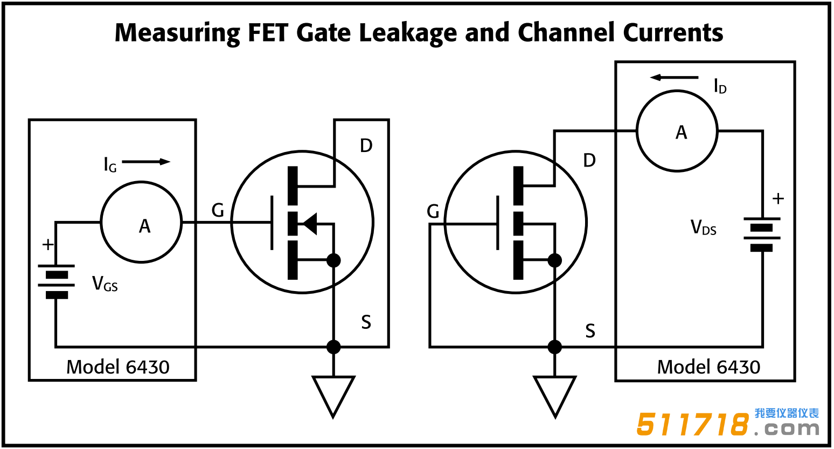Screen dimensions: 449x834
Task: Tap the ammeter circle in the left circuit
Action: point(142,222)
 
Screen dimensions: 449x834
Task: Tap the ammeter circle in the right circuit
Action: point(677,131)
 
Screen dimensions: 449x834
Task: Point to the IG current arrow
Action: point(146,162)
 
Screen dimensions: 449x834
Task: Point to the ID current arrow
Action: point(673,78)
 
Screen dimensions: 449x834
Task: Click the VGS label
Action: point(105,284)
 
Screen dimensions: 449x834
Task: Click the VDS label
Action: point(703,228)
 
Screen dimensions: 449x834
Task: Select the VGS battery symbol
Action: point(56,281)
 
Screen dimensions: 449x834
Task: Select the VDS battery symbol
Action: point(761,234)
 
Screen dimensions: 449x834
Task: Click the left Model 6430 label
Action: point(117,367)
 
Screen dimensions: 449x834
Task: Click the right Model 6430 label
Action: point(708,367)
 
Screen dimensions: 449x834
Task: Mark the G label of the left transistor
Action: point(218,210)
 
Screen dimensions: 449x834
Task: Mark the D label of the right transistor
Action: point(589,160)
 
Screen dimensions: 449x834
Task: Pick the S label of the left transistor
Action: point(366,322)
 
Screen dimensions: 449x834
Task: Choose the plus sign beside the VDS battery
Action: point(777,199)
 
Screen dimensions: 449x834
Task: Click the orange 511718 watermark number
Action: point(693,424)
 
